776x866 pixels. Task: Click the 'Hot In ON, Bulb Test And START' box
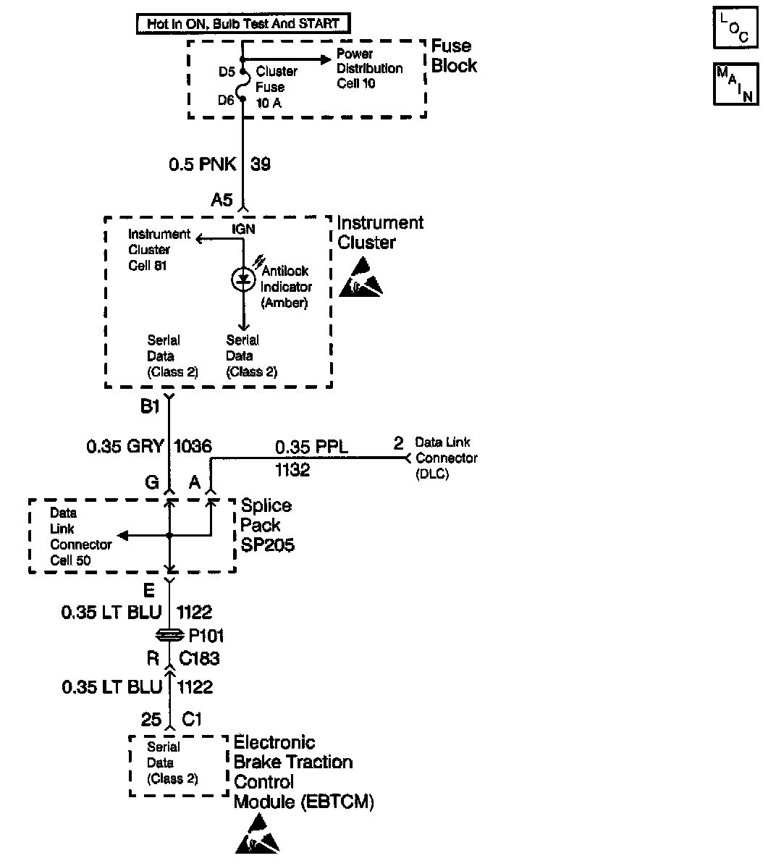point(242,23)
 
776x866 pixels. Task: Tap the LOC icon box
point(735,28)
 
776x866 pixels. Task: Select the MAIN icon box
point(735,84)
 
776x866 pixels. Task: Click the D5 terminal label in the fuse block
point(227,72)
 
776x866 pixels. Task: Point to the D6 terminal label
point(227,100)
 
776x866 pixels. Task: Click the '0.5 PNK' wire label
point(202,164)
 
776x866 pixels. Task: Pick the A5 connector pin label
point(222,200)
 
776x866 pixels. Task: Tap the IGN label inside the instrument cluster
point(243,230)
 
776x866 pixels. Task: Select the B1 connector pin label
point(150,407)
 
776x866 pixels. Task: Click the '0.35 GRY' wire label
point(125,447)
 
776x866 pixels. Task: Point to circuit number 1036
point(193,447)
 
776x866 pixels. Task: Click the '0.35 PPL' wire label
point(311,447)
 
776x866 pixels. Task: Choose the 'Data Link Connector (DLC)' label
point(446,458)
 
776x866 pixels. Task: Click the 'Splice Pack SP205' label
point(267,525)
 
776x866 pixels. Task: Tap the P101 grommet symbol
point(169,635)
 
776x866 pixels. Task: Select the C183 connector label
point(199,659)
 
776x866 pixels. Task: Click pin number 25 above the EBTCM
point(151,719)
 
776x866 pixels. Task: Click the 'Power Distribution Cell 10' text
point(369,69)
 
